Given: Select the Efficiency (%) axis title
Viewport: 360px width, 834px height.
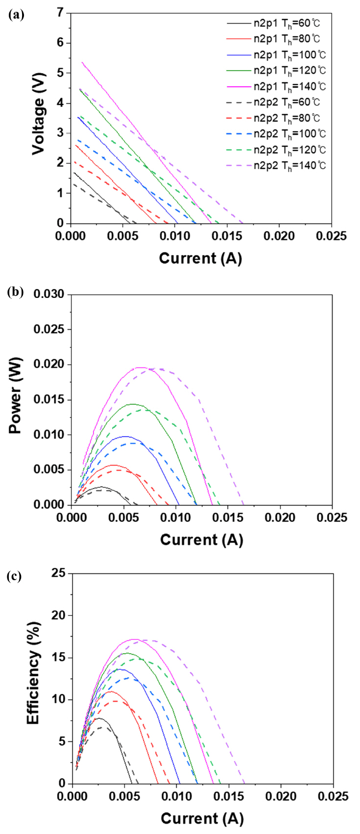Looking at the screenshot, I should point(33,673).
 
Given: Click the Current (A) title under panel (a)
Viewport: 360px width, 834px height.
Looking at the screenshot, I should point(200,258).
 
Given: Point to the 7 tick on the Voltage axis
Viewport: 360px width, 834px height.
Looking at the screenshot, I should point(61,13).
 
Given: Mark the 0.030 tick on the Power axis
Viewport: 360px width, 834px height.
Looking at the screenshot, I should point(49,294).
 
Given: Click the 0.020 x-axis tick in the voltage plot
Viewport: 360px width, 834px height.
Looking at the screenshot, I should point(280,236).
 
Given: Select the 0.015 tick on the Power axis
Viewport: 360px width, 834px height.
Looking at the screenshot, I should point(49,400).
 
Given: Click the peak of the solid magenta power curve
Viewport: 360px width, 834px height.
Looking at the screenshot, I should point(141,368).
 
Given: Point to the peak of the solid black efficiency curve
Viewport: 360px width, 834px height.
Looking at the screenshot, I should point(99,718).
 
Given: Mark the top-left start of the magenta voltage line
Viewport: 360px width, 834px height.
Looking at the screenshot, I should point(82,62).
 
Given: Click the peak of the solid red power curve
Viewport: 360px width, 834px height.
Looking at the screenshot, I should point(114,465).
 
